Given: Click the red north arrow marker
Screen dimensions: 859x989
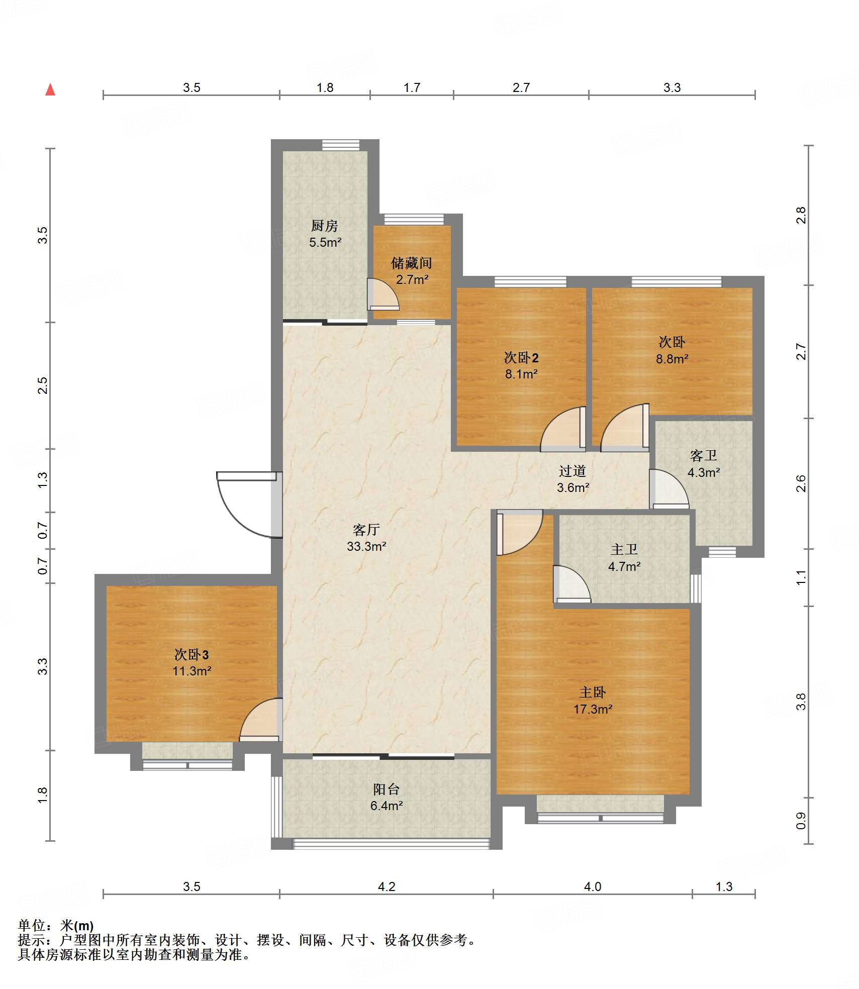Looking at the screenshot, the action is pos(50,89).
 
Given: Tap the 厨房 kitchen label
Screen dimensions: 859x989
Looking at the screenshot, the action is pos(324,226).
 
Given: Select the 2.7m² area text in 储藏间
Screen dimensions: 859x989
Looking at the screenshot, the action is pos(412,279).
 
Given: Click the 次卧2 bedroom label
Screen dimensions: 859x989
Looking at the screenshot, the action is pos(521,358).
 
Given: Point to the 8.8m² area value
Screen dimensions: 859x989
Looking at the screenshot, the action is pos(672,359).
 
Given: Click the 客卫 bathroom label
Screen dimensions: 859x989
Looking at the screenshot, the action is pos(703,456).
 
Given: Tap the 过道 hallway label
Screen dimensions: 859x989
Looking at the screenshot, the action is pos(572,471).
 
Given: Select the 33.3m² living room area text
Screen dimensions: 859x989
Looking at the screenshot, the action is pos(366,546).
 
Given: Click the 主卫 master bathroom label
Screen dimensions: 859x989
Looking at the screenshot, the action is pos(624,550).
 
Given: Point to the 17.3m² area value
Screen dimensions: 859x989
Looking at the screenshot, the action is pos(593,709).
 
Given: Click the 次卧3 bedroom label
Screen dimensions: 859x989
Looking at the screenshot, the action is pos(192,654).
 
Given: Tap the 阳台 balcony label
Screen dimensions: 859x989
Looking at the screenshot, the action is pos(387,789).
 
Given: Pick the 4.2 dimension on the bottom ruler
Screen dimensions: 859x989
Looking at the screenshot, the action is pos(387,886).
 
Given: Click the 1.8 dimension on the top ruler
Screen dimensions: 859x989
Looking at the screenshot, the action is pos(325,87).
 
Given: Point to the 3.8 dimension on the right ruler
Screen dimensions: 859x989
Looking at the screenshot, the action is pos(801,701).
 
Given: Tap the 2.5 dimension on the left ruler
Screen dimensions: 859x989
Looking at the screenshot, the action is pos(43,385).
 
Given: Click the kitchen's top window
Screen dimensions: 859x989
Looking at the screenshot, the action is pos(341,145).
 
